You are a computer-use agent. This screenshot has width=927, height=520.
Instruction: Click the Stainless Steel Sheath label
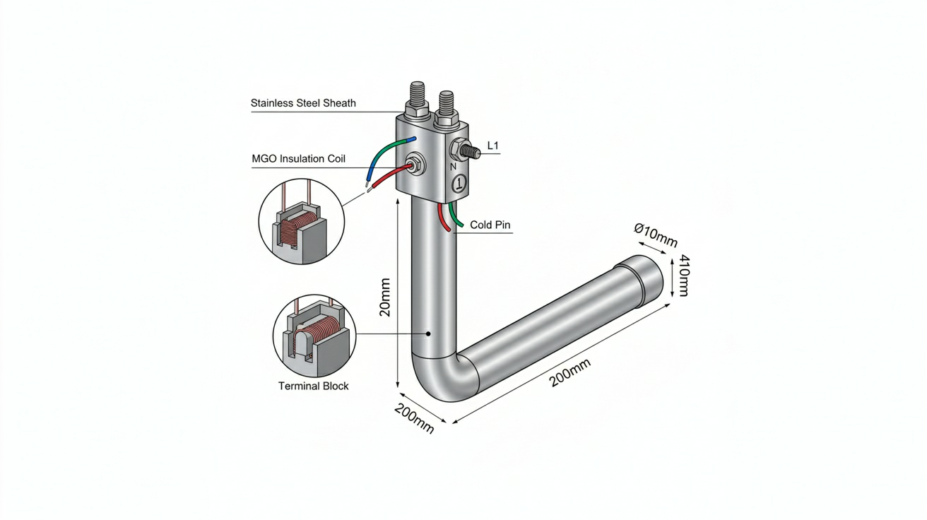(x=303, y=103)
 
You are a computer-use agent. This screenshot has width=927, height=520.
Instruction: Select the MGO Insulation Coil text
(x=298, y=159)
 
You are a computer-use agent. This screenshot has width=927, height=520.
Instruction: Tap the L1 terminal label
(x=493, y=146)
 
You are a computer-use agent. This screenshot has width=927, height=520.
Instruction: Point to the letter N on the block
(x=453, y=167)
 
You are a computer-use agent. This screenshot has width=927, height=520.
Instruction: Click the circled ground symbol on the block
(x=459, y=182)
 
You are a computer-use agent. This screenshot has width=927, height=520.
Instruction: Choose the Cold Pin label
(x=490, y=225)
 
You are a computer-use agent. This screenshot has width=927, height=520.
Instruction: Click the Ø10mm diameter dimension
(x=656, y=235)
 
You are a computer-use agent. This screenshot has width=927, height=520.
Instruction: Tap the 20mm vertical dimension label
(x=385, y=297)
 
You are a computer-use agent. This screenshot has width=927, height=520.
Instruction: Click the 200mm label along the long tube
(x=570, y=373)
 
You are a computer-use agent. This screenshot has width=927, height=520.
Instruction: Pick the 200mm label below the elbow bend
(x=414, y=418)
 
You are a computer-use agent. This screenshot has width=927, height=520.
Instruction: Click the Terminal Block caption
(x=313, y=386)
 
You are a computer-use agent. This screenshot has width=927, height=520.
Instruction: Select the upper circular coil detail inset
(x=301, y=222)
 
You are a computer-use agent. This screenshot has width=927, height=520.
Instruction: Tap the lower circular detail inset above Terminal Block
(x=314, y=336)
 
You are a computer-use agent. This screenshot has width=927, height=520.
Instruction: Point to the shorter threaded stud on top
(x=446, y=109)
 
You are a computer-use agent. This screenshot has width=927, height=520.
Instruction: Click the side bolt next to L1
(x=464, y=150)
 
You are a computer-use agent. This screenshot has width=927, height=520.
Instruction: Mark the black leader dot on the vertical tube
(x=429, y=334)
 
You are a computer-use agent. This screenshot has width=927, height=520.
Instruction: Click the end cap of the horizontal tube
(x=641, y=279)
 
